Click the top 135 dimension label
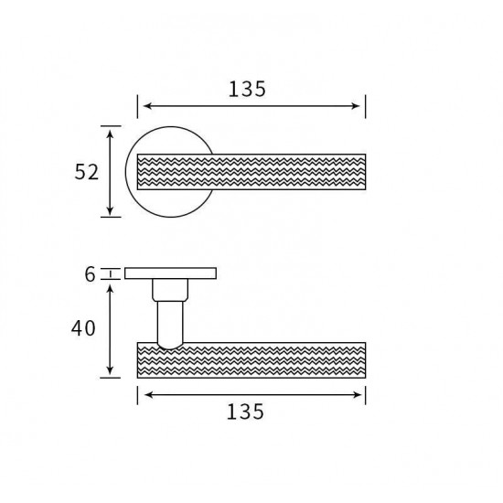point(247,89)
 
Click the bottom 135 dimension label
point(245,412)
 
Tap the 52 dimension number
point(86,172)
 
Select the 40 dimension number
point(83,328)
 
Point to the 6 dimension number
point(91,274)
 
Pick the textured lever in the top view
point(251,172)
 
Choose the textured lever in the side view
point(251,360)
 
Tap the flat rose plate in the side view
point(170,273)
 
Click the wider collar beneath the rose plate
point(170,290)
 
